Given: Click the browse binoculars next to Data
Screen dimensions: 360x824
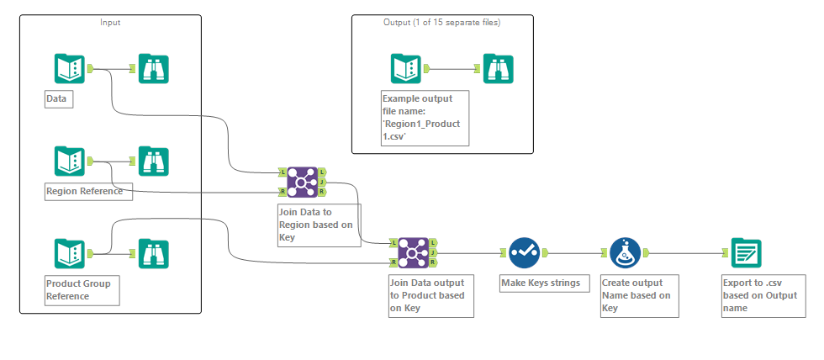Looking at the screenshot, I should point(154,68).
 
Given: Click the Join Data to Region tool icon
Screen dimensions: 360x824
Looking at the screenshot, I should point(303,181).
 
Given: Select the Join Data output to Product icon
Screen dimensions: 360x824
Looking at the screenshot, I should point(413,252).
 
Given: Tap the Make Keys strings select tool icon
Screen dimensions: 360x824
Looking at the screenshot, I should point(524,252).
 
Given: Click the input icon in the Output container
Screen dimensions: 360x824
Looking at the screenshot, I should point(405,68).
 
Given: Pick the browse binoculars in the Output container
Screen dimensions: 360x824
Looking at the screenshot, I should point(498,68).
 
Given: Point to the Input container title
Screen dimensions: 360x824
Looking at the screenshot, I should point(110,23).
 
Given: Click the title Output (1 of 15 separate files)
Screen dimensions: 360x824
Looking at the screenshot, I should point(441,23).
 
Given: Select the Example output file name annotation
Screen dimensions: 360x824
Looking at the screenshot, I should point(425,117).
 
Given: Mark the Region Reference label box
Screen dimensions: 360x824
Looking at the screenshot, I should point(84,191).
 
